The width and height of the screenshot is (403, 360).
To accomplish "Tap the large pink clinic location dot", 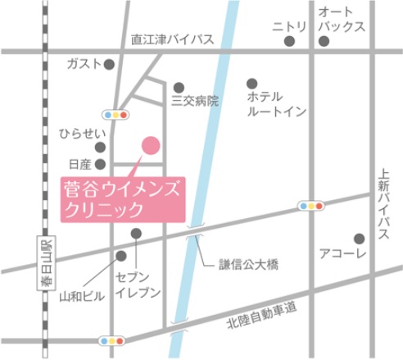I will tap(151, 144).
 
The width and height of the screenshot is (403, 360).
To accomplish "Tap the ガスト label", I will tap(84, 64).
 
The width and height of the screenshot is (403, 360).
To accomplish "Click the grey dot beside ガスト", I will tap(110, 63).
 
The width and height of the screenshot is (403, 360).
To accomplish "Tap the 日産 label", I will tap(81, 164).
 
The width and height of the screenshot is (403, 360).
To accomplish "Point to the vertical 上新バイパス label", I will tap(383, 206).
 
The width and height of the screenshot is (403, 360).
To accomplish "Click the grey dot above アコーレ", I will tap(359, 239).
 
